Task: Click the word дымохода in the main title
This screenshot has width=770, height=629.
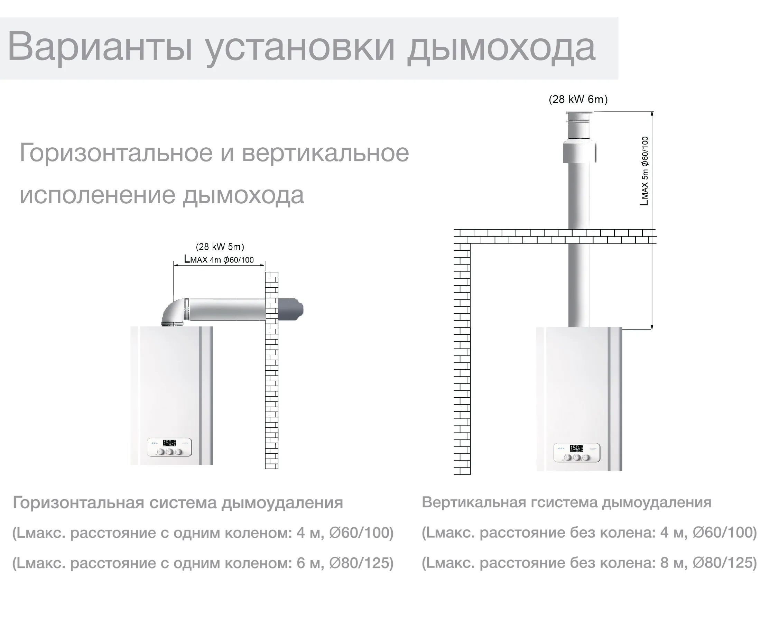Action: [501, 48]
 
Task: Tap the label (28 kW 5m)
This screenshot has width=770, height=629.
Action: [220, 247]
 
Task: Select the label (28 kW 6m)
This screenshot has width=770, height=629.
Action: [578, 99]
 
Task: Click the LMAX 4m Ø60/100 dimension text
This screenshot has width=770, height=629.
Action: [219, 259]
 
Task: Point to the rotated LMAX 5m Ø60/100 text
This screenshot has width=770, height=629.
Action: [644, 171]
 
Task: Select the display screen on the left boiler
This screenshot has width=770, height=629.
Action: [169, 443]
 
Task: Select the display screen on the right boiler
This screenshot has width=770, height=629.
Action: [576, 448]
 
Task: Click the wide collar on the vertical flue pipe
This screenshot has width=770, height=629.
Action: [579, 152]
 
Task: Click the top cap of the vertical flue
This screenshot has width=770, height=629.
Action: [579, 118]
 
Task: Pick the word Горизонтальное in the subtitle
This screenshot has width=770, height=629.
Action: [115, 152]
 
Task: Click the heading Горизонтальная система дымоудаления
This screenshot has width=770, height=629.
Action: [178, 503]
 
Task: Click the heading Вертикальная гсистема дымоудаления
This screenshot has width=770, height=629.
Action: [566, 502]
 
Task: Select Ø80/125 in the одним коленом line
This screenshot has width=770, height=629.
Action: [361, 563]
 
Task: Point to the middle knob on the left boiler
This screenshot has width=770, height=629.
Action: [169, 452]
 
